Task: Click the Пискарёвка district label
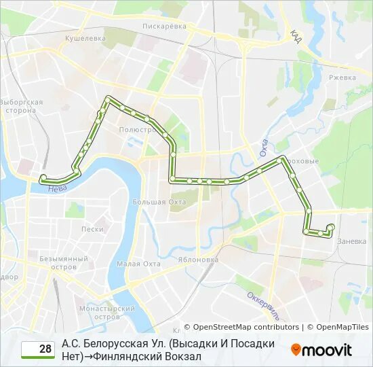click(164, 26)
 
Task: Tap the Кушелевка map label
click(85, 39)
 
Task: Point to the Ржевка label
click(342, 77)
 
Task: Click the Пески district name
click(92, 229)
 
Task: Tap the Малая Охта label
click(138, 264)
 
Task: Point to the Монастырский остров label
click(106, 312)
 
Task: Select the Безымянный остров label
click(64, 262)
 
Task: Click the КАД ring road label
click(296, 35)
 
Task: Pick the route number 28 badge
click(38, 349)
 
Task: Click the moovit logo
click(321, 350)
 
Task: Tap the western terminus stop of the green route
click(43, 178)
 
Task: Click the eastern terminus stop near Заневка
click(331, 227)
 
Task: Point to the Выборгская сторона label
click(21, 106)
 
